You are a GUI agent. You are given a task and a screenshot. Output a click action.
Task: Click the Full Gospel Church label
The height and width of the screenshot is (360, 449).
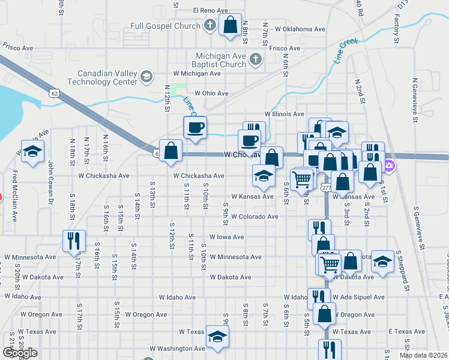click(x=166, y=26)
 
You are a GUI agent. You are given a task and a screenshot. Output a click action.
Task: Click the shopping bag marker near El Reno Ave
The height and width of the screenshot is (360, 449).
click(x=230, y=25)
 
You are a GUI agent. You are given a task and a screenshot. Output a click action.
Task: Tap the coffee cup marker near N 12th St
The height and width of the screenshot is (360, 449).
click(x=195, y=128)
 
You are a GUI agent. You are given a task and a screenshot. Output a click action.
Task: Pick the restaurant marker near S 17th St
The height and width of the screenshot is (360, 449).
click(x=74, y=241)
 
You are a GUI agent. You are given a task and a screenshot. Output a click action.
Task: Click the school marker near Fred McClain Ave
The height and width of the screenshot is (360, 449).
click(x=32, y=151)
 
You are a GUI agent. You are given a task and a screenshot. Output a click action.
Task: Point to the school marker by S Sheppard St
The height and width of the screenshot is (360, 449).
click(x=382, y=262)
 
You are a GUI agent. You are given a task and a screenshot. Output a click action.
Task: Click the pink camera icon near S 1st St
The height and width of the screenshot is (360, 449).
click(x=389, y=165)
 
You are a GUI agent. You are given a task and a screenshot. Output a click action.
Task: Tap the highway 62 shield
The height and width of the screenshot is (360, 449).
click(x=55, y=93)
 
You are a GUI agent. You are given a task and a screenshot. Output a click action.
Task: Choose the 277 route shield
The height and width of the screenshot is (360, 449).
click(x=326, y=188)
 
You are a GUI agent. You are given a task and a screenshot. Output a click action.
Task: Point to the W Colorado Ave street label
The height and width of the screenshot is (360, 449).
click(x=255, y=217)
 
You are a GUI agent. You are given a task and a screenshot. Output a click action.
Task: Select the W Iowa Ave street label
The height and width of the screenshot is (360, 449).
click(x=226, y=237)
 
